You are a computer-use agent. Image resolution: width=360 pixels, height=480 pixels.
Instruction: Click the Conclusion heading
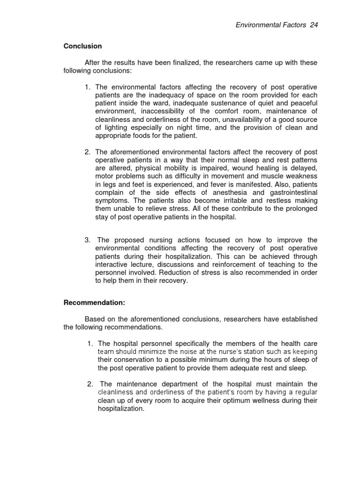click(82, 46)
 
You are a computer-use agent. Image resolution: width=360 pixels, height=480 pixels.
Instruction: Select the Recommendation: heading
click(94, 303)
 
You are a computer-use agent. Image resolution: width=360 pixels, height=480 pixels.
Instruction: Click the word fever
click(233, 185)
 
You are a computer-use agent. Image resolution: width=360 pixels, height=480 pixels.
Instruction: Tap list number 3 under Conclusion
click(88, 240)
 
